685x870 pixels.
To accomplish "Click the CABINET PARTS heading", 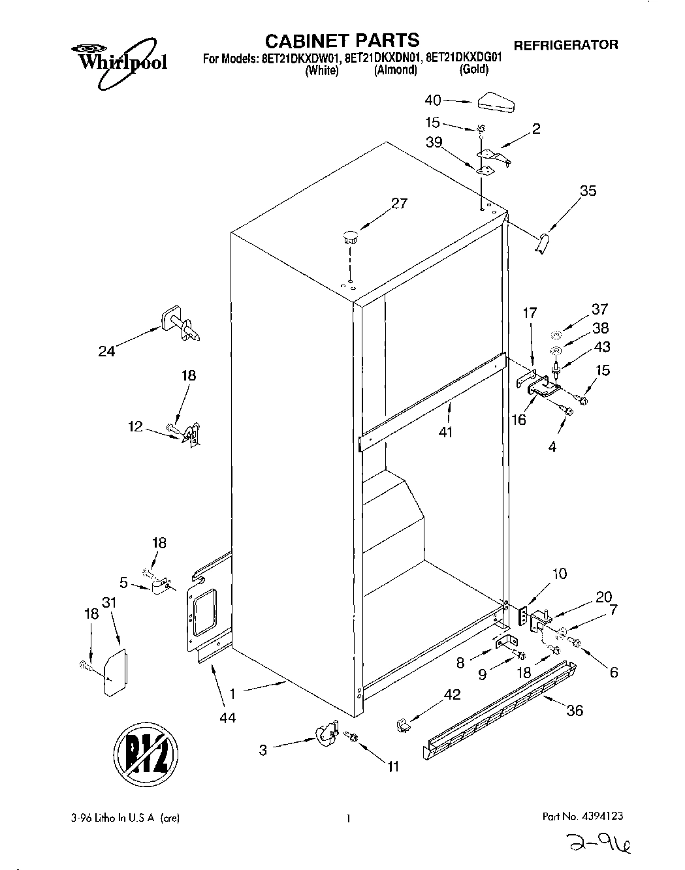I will (342, 40).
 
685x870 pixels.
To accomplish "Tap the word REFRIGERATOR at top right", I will (566, 45).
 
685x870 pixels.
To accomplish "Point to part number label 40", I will (433, 101).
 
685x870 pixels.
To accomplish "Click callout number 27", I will (398, 204).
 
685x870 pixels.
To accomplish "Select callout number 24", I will (106, 352).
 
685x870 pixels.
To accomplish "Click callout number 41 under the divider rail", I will (446, 431).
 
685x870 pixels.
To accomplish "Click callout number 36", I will (574, 711).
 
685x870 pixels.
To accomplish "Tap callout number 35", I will (588, 191).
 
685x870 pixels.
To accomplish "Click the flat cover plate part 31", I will (115, 673).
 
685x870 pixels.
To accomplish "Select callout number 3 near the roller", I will (263, 751).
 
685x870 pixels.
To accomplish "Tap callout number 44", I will (227, 718).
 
